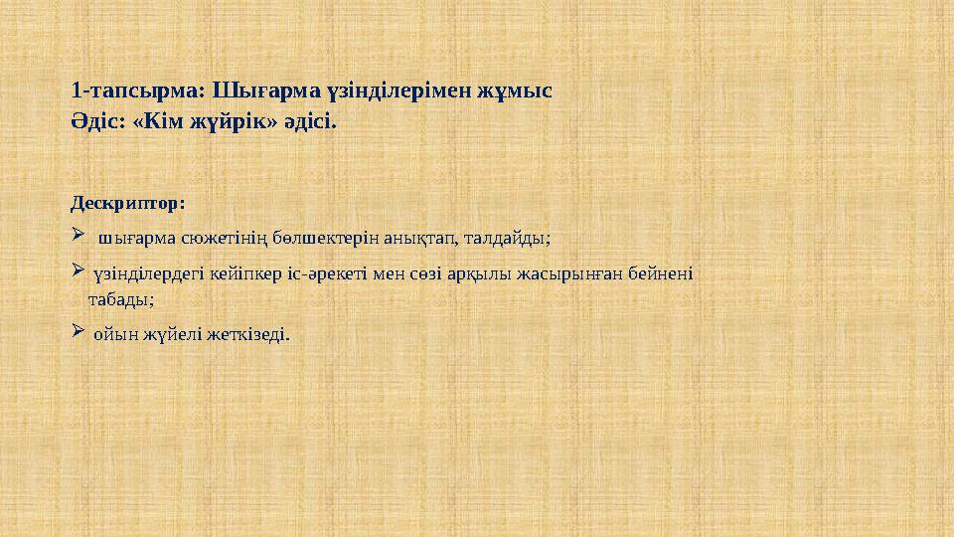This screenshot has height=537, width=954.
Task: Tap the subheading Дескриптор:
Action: tap(128, 204)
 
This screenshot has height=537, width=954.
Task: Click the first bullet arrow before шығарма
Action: tap(79, 237)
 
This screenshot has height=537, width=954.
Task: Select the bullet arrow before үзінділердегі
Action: tap(79, 270)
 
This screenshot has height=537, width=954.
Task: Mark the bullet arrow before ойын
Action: tap(79, 331)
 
